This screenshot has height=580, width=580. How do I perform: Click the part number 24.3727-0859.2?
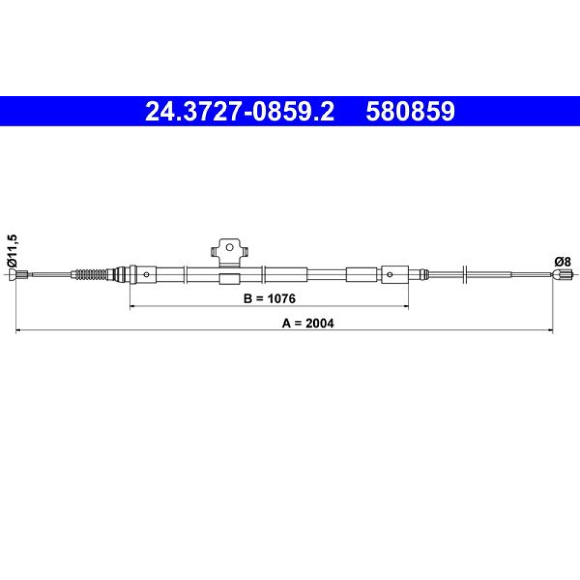(240, 111)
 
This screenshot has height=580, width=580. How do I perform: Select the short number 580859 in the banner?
(410, 111)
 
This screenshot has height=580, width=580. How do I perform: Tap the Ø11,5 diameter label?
(13, 251)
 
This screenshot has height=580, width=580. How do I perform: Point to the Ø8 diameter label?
(562, 262)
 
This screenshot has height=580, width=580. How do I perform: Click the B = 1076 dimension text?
(269, 298)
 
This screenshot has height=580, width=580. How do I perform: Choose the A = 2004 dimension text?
(308, 323)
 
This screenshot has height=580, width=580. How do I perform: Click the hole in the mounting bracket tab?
(230, 247)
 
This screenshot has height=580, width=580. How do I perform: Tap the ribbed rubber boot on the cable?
(92, 274)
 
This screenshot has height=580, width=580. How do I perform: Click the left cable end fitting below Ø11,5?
(18, 274)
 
